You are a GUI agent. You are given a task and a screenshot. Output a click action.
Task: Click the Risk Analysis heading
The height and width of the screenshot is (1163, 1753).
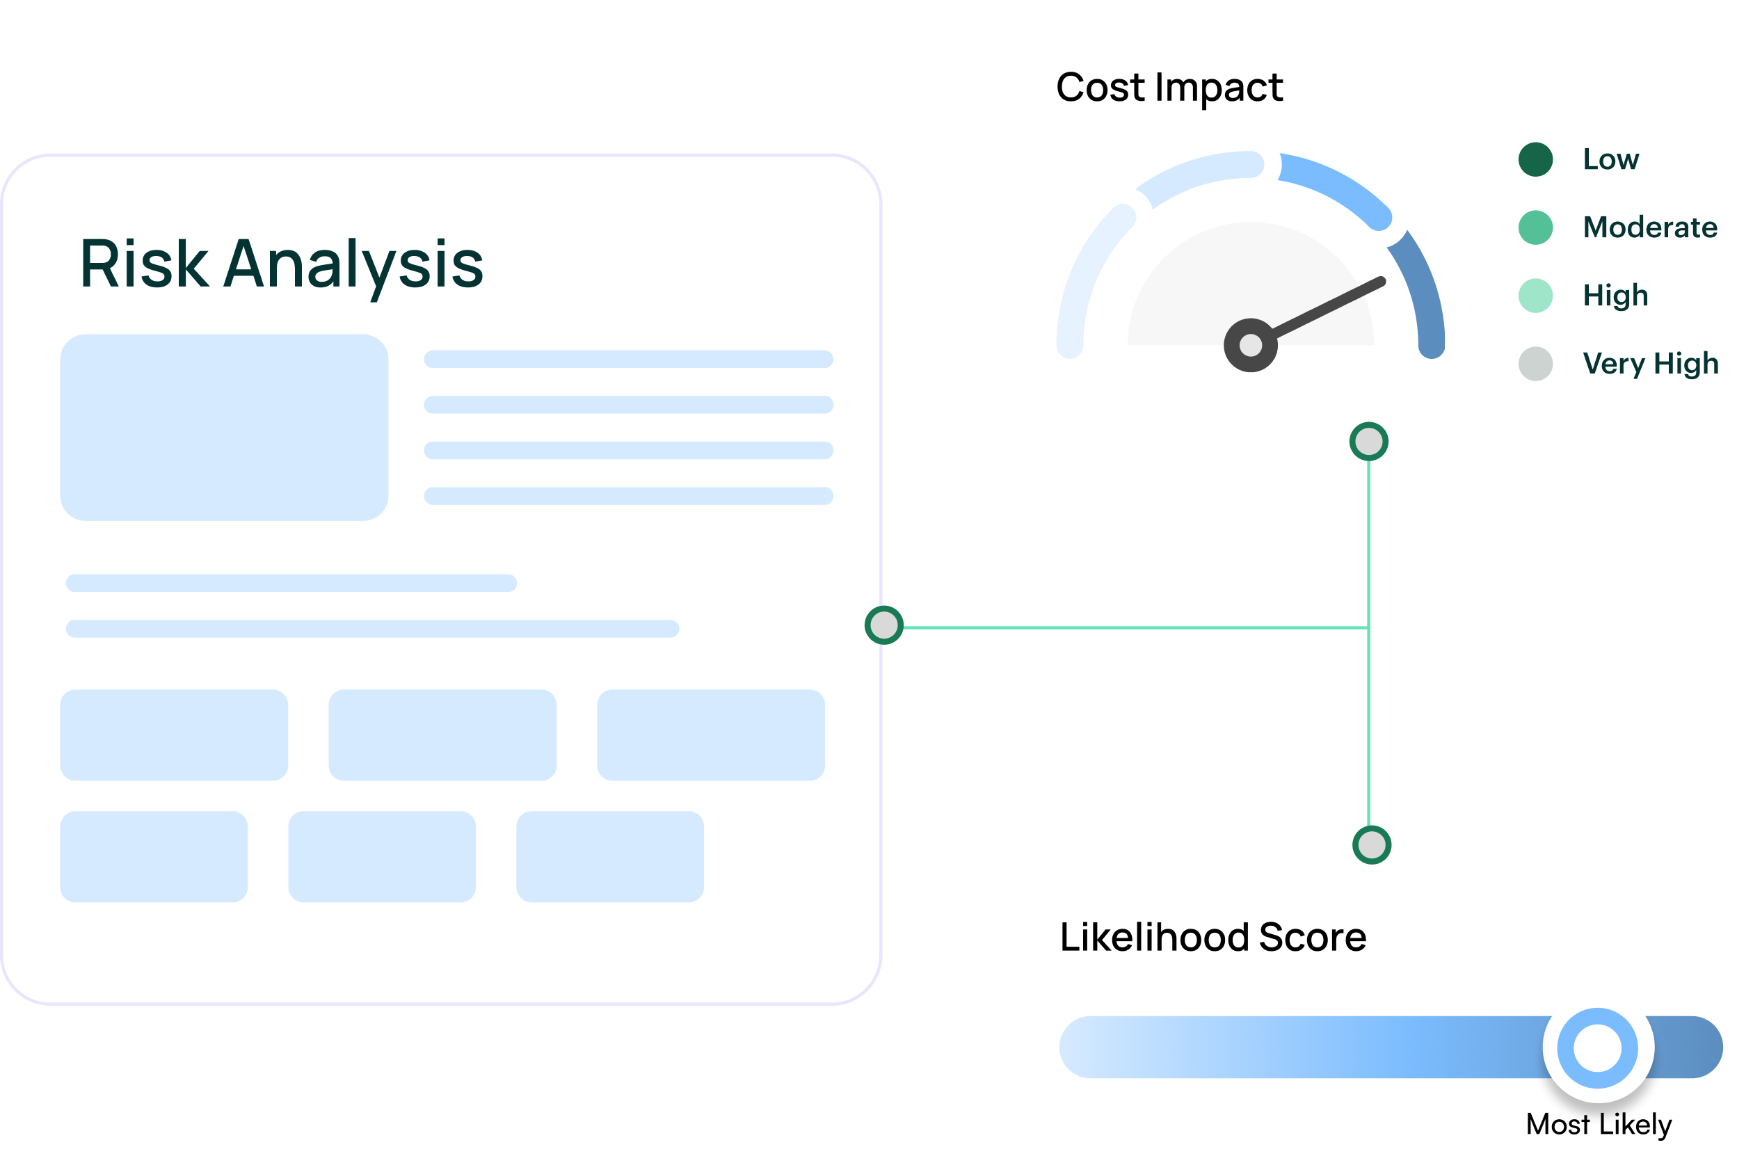point(281,265)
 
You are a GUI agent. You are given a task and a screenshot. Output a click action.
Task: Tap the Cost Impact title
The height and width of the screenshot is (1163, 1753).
point(1169,88)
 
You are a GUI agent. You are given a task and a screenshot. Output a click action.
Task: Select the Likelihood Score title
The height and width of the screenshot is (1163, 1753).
point(1212,937)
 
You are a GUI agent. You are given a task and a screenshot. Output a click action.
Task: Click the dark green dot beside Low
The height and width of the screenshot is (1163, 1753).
point(1535,159)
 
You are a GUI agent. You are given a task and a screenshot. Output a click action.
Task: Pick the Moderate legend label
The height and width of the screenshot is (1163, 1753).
point(1649,227)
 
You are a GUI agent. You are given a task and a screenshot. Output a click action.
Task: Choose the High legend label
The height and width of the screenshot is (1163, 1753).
point(1615,295)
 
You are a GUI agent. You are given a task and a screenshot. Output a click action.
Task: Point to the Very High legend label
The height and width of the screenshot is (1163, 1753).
point(1650,363)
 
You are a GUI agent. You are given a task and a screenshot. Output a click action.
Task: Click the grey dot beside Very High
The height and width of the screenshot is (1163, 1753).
point(1535,363)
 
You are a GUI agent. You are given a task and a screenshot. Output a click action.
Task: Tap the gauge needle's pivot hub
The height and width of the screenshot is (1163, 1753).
point(1250,345)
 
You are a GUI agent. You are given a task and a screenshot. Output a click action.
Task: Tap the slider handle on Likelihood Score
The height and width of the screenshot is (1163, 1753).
point(1597,1048)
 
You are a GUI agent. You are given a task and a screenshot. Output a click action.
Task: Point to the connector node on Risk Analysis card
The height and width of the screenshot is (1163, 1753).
point(883,625)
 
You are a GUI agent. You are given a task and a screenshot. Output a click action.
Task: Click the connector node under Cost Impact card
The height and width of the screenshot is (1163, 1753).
point(1368,441)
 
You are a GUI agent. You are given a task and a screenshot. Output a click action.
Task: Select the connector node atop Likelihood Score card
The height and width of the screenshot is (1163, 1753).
point(1371,845)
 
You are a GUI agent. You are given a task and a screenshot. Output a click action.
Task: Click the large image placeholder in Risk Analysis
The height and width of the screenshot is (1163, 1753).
point(224,427)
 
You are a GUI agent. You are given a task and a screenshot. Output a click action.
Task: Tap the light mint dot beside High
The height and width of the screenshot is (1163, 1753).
point(1535,295)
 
